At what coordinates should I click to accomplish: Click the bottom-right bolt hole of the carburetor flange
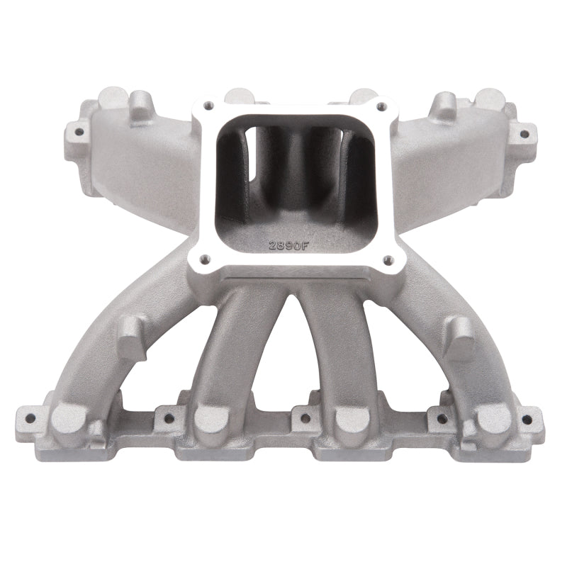click(x=388, y=259)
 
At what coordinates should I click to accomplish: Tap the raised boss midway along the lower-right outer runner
click(x=459, y=333)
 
